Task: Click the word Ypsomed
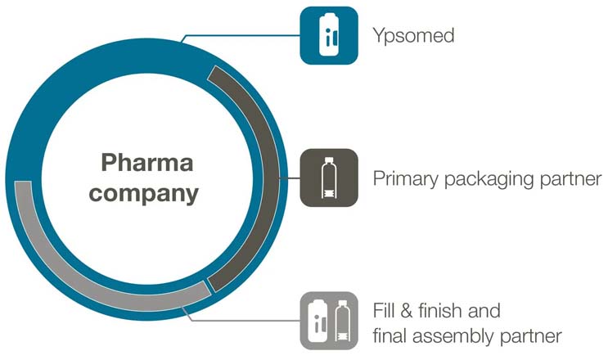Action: [413, 36]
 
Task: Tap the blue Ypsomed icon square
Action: [329, 35]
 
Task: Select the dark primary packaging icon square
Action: [329, 178]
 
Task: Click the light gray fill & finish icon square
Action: [329, 321]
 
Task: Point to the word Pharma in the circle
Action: [147, 162]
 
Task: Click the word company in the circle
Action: [144, 193]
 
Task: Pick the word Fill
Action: [384, 310]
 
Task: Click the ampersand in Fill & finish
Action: [407, 310]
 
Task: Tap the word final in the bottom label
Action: [390, 335]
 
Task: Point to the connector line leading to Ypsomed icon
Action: [241, 36]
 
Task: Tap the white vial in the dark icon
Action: [328, 178]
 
